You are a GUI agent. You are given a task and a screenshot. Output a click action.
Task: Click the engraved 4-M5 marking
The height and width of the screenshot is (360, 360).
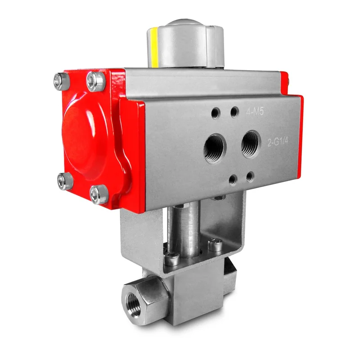tap(255, 112)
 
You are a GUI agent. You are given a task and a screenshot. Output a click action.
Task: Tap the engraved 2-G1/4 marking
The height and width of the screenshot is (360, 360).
tap(278, 142)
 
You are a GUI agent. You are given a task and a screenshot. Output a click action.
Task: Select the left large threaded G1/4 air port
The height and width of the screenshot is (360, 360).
tap(215, 148)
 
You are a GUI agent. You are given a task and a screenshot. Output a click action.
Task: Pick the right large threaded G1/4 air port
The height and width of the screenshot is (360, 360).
tap(251, 144)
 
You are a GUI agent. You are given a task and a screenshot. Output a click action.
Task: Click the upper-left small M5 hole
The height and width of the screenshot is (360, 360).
tap(216, 113)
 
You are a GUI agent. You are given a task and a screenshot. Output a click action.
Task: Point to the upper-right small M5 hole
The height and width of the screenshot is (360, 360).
tap(234, 112)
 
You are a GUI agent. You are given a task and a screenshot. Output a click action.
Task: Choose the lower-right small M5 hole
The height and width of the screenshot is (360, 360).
tap(250, 177)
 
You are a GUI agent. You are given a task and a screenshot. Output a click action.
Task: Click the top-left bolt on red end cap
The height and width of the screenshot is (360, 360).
tap(62, 81)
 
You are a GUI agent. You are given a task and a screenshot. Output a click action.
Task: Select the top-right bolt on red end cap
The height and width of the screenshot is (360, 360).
tap(96, 81)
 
